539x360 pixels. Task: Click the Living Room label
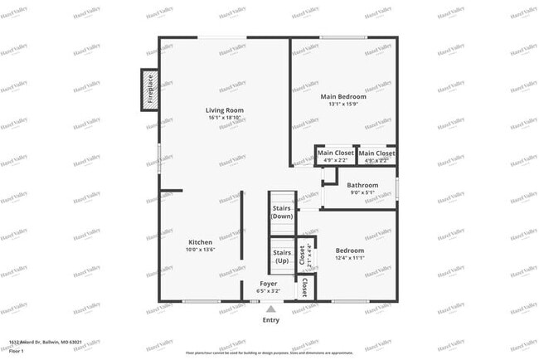(225, 110)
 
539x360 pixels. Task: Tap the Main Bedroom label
(343, 97)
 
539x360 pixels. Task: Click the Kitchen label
(200, 241)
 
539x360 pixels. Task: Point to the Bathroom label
(362, 185)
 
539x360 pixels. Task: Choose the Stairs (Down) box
(282, 211)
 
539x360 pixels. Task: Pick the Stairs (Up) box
(282, 255)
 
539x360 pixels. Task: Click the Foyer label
(269, 284)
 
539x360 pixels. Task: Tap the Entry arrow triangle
(270, 309)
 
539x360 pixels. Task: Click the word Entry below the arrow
(270, 319)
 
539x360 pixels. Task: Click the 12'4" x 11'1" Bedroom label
(349, 251)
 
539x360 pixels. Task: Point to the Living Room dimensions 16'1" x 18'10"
(225, 118)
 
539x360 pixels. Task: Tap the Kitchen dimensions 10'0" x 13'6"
(200, 249)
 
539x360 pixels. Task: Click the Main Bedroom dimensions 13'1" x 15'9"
(343, 105)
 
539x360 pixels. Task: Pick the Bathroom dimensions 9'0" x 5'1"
(362, 192)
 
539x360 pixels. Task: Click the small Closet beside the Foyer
(305, 287)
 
